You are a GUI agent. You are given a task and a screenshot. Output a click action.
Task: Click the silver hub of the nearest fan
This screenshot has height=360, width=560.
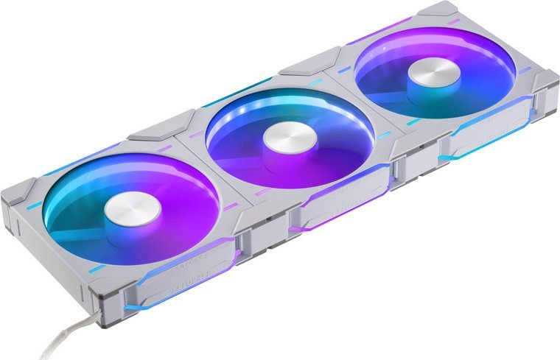133,211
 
